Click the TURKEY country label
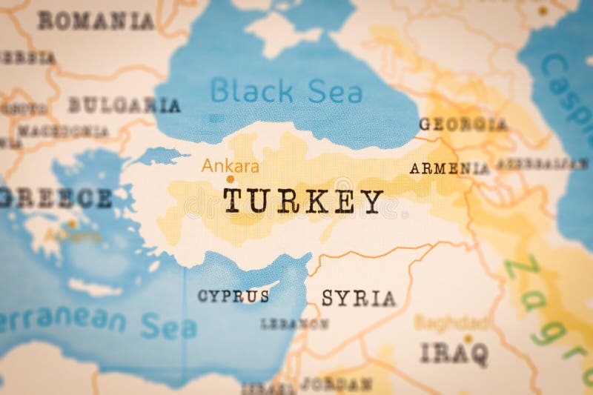303,201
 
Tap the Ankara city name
231,166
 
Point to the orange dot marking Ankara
230,179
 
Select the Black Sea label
286,91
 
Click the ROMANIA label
96,21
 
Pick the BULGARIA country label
124,105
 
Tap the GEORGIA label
463,125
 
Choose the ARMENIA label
449,168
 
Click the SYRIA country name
358,299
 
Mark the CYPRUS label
233,296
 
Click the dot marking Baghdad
468,339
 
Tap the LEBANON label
294,324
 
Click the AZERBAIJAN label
541,163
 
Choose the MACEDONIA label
63,131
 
